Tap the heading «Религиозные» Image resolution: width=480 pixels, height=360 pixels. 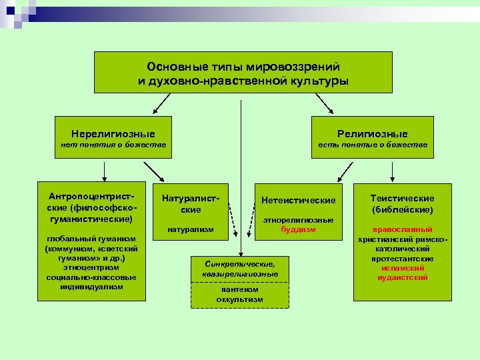pyautogui.click(x=373, y=134)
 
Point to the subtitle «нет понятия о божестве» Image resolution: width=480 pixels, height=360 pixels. pyautogui.click(x=113, y=145)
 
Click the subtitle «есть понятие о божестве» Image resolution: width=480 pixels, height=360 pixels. pyautogui.click(x=373, y=145)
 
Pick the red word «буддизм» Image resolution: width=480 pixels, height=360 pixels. pyautogui.click(x=297, y=229)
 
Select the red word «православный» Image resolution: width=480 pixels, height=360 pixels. pyautogui.click(x=402, y=229)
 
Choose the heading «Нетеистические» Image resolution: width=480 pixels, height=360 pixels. pyautogui.click(x=298, y=200)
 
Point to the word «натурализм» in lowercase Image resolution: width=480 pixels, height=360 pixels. pyautogui.click(x=191, y=229)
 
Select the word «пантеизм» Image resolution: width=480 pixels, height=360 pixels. pyautogui.click(x=239, y=290)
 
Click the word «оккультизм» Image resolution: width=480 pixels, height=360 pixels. pyautogui.click(x=239, y=299)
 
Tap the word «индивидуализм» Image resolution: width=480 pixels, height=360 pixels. pyautogui.click(x=91, y=287)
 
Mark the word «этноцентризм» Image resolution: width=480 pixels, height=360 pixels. pyautogui.click(x=91, y=267)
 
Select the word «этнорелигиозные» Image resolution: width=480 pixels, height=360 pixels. pyautogui.click(x=298, y=220)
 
